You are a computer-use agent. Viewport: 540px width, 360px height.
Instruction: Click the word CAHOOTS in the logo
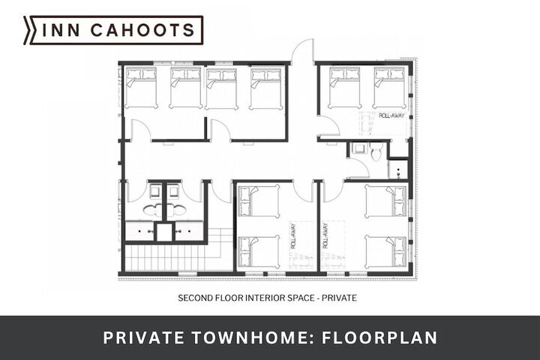(143, 30)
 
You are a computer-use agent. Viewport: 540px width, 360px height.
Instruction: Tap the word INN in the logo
(61, 30)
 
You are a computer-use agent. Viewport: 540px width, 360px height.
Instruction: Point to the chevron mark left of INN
(28, 30)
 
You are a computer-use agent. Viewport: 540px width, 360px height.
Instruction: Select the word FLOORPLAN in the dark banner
(379, 337)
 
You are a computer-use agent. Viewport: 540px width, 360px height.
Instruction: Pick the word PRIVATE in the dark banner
(143, 337)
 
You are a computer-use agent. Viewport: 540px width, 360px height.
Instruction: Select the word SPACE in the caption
(303, 298)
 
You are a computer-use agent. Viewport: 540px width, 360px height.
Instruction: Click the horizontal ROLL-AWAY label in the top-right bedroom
(391, 115)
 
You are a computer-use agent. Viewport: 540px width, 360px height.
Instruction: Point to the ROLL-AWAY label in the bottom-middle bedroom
(293, 236)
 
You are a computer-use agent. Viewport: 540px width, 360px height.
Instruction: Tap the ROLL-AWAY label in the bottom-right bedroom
(325, 236)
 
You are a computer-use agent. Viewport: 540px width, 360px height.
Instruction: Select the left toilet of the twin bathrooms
(151, 209)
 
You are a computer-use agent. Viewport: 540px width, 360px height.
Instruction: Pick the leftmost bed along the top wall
(141, 88)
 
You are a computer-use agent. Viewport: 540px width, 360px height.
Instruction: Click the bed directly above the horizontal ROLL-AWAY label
(389, 88)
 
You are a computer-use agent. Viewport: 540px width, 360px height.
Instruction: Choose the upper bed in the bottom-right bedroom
(385, 202)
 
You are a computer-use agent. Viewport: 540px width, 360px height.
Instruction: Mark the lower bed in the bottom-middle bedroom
(259, 252)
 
